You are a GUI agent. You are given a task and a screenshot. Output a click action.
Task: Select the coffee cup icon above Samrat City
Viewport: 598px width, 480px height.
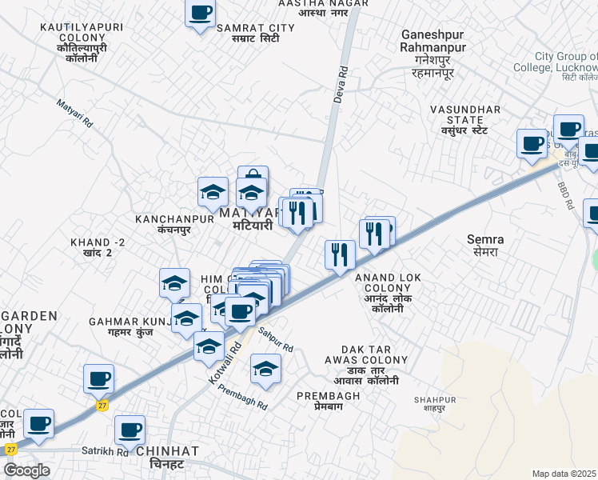pyautogui.click(x=200, y=14)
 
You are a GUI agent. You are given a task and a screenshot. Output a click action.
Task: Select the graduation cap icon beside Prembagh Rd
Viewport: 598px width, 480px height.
pyautogui.click(x=265, y=368)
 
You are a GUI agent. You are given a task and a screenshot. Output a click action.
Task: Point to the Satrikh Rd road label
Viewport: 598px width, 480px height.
pyautogui.click(x=105, y=451)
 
